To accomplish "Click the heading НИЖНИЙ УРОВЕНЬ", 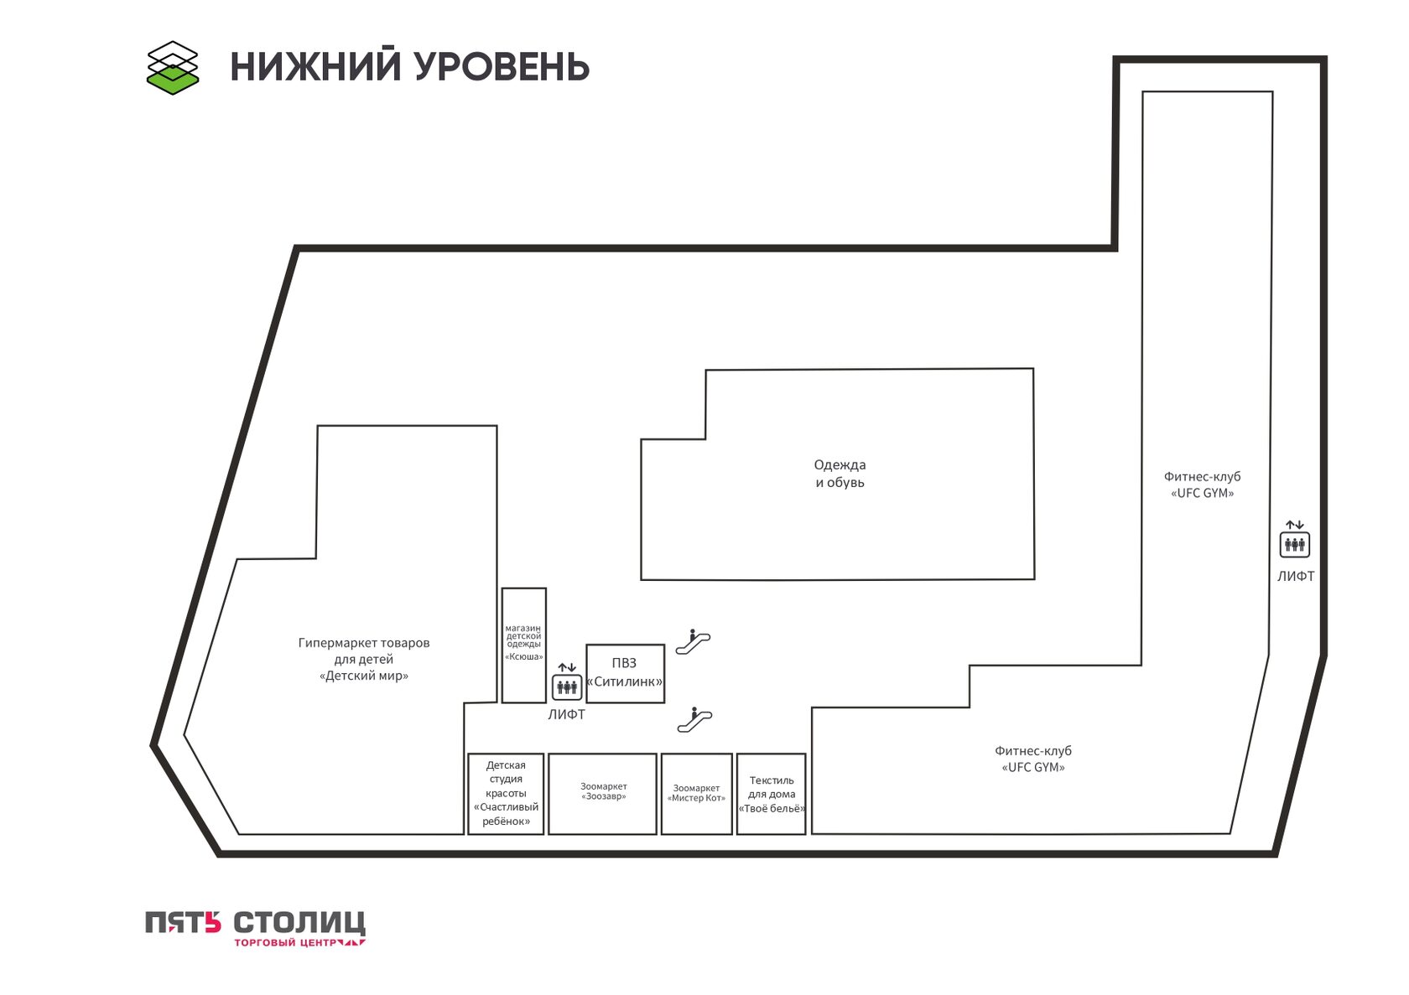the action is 409,66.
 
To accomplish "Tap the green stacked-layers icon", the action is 173,68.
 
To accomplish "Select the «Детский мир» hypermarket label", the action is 364,660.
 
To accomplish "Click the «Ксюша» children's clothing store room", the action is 524,645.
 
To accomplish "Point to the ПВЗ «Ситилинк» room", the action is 626,674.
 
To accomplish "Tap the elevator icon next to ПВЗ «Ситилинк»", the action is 566,681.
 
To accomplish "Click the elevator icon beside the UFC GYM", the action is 1295,539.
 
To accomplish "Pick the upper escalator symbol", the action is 693,642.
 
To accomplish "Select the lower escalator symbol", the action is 694,720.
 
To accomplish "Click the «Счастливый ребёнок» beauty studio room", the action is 506,794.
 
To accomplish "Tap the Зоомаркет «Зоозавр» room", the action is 602,794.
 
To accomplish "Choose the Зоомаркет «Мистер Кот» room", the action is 697,794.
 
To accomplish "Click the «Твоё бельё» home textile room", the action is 772,794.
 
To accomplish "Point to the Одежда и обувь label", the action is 840,474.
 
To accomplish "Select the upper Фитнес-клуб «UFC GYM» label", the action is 1202,485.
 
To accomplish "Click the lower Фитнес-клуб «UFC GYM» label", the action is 1033,759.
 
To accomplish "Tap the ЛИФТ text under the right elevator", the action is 1296,577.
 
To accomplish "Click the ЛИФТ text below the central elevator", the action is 566,715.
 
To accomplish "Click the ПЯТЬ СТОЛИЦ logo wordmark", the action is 255,922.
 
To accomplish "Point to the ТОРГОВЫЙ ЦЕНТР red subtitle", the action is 299,943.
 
